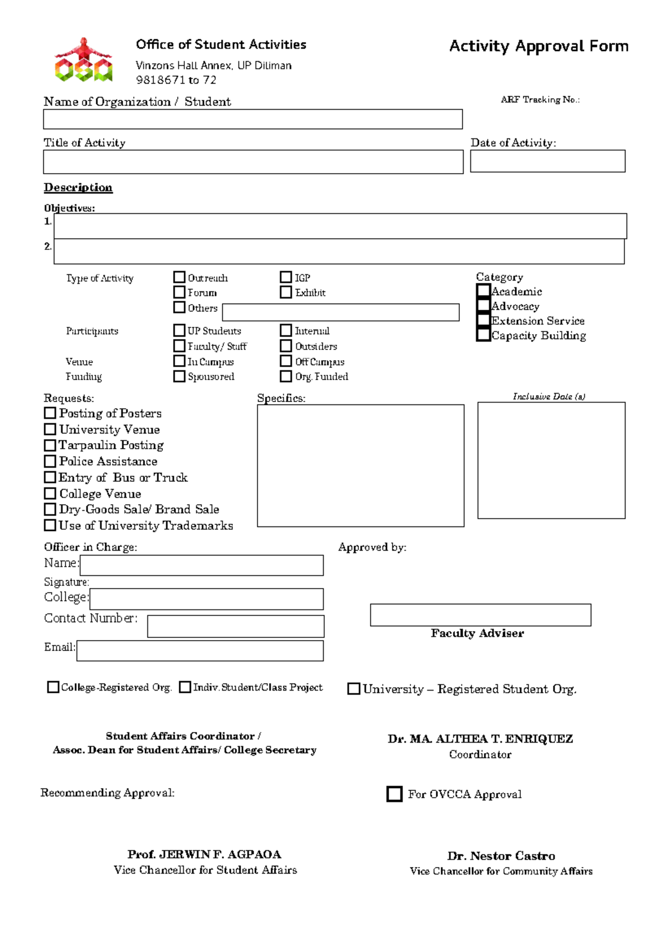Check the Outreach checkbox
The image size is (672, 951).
tap(179, 277)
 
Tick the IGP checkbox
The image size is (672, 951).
tap(286, 277)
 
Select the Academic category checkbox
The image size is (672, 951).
tap(483, 291)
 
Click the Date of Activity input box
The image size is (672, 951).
tap(547, 161)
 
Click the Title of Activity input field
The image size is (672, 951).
tap(253, 162)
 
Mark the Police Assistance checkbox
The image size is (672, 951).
tap(50, 461)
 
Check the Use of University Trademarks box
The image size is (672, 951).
tap(50, 525)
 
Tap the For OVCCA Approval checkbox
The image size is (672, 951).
tap(394, 794)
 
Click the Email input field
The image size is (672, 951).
tap(200, 651)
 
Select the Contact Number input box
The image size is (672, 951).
tap(235, 626)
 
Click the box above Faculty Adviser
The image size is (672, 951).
tap(480, 615)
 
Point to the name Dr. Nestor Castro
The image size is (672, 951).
tap(501, 856)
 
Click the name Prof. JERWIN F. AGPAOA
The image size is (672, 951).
tap(204, 854)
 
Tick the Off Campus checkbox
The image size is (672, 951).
tap(286, 361)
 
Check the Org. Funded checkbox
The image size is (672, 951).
tap(286, 376)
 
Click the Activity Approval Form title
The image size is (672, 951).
tap(539, 46)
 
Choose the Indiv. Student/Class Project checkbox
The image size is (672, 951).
tap(185, 687)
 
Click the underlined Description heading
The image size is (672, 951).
tap(78, 188)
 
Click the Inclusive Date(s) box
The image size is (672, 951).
tap(551, 460)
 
